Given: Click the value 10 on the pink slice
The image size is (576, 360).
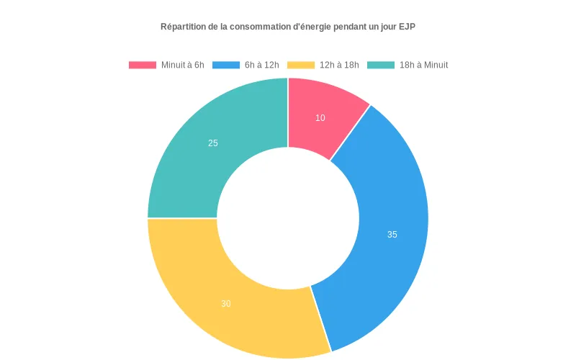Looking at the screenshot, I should click(x=320, y=118).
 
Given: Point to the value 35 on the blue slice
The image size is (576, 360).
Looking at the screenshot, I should click(x=392, y=235).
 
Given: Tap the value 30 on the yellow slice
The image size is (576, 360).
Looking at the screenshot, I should click(x=226, y=304).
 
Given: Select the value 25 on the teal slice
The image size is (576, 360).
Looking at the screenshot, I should click(x=213, y=143).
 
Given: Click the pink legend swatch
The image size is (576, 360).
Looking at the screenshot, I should click(x=142, y=65).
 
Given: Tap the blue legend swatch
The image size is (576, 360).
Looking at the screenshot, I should click(x=225, y=65).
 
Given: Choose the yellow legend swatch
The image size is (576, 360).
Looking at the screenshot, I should click(x=301, y=65).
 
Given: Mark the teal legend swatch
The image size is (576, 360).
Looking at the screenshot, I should click(x=381, y=65).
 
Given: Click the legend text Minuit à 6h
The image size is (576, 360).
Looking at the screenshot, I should click(x=183, y=65).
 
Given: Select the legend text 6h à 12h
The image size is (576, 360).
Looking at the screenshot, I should click(x=262, y=65).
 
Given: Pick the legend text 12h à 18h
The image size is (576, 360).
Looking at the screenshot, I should click(x=339, y=65).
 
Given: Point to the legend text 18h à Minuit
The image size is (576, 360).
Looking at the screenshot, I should click(x=423, y=65).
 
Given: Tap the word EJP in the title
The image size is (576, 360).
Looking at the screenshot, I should click(x=408, y=27).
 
